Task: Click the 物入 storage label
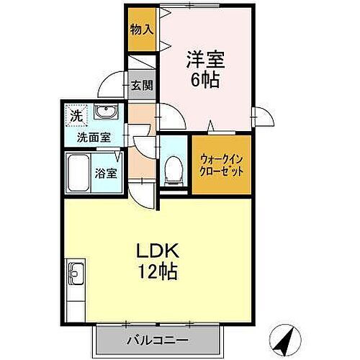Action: pos(141,30)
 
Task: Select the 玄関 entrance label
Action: pos(142,86)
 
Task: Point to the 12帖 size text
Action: pos(158,273)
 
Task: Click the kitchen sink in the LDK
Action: pos(76,274)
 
